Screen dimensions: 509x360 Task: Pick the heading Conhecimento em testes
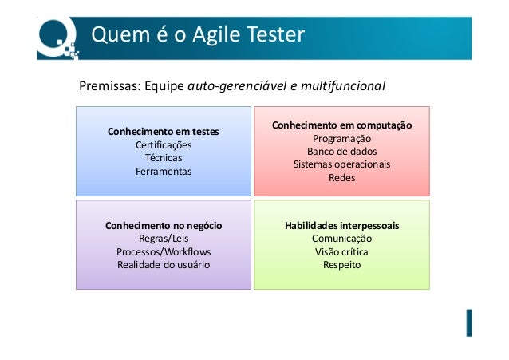[x=164, y=131]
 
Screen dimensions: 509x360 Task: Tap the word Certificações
[x=164, y=144]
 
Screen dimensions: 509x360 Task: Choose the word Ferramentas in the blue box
[x=164, y=171]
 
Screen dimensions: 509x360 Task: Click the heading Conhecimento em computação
[x=341, y=125]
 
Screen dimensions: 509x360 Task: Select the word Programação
[x=341, y=138]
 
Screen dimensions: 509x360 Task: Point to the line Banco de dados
[x=341, y=151]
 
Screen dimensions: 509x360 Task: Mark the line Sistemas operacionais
[x=341, y=164]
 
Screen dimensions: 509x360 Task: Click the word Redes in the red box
[x=341, y=178]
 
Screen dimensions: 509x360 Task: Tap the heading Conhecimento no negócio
[x=164, y=226]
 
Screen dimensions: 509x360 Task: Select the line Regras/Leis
[x=164, y=239]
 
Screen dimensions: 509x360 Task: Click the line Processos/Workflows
[x=164, y=251]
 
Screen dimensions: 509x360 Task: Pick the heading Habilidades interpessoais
[x=341, y=226]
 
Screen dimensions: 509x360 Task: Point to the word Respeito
[x=341, y=264]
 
